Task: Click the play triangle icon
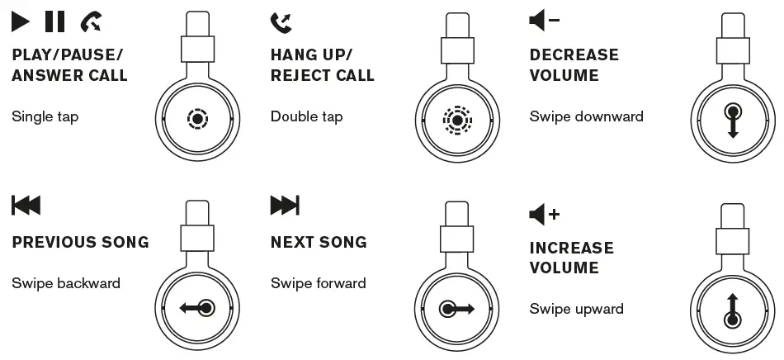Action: point(21,21)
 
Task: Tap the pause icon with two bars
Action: point(54,21)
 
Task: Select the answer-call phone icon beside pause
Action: point(92,22)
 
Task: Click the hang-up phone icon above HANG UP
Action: point(281,22)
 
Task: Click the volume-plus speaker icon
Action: point(544,215)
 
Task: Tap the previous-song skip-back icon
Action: point(26,206)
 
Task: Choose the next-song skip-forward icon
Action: point(285,206)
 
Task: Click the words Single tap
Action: point(45,116)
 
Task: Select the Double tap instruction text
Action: point(306,116)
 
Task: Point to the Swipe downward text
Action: point(586,116)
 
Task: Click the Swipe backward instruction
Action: point(66,283)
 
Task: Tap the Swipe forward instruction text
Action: point(319,283)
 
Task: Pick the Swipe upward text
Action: point(576,310)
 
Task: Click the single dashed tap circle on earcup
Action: point(196,119)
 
